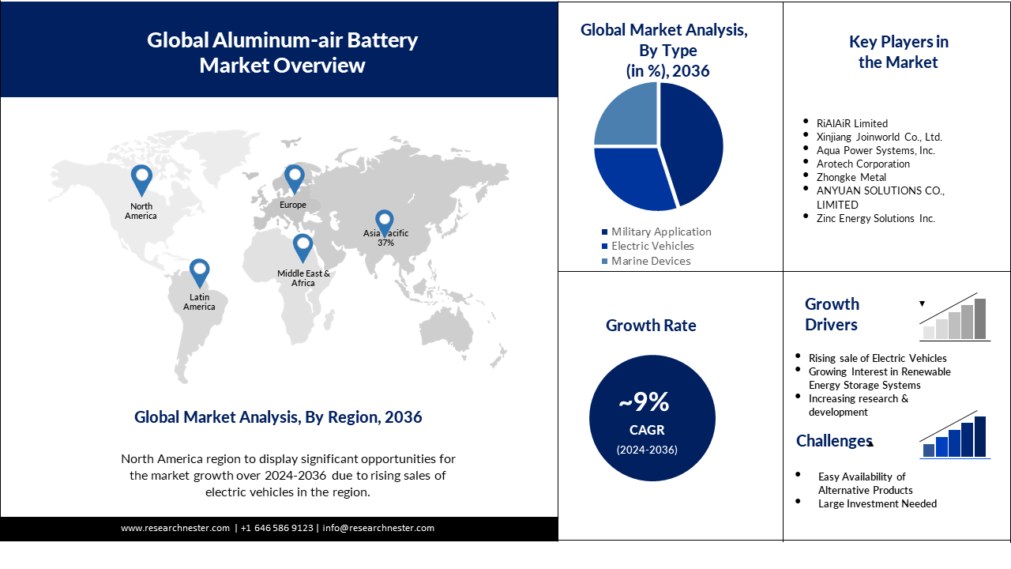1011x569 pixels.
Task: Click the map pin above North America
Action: click(x=141, y=179)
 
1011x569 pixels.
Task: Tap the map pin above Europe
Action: click(x=294, y=179)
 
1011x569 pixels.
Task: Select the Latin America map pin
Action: click(x=199, y=273)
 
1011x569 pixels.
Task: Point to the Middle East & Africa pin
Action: click(x=303, y=247)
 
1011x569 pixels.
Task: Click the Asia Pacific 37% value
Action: click(x=385, y=243)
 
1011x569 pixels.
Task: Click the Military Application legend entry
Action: click(x=661, y=232)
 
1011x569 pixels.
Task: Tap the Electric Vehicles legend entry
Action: click(x=652, y=246)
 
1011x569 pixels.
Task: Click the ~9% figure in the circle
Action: click(x=644, y=402)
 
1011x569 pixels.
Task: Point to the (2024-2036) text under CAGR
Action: click(x=647, y=450)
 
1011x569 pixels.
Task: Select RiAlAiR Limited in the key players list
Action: click(x=852, y=123)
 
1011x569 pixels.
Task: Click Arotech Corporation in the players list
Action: click(x=863, y=164)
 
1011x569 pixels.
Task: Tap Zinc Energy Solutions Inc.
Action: click(x=876, y=218)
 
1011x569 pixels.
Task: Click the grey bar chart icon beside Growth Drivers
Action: click(x=955, y=319)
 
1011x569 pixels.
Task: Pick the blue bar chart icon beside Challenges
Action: click(x=955, y=438)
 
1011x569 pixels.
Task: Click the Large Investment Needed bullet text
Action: click(x=878, y=503)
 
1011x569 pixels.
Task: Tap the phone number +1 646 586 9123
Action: click(x=276, y=528)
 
